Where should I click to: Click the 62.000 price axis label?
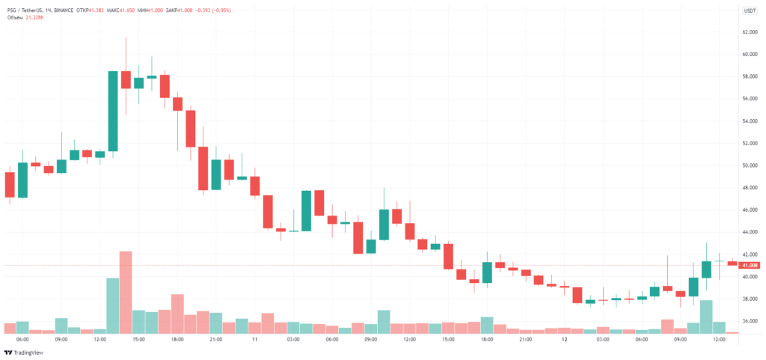[x=750, y=32]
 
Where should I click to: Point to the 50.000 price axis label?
[x=750, y=165]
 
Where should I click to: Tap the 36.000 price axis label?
[x=750, y=321]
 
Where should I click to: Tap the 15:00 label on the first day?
[x=138, y=339]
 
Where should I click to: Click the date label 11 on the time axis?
[x=254, y=339]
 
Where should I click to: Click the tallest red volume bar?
[x=126, y=292]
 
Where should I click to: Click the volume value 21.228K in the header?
[x=34, y=17]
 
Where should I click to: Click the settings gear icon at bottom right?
[x=750, y=339]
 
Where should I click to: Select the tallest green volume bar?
[x=113, y=305]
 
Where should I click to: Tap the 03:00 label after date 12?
[x=602, y=339]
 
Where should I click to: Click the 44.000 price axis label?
[x=750, y=232]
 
